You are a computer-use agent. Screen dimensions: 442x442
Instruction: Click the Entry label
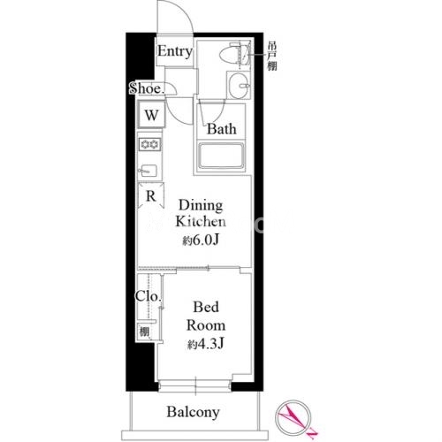tap(175, 52)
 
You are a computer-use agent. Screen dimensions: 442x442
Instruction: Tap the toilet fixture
tap(235, 55)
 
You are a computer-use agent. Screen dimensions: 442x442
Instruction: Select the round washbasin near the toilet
tap(240, 86)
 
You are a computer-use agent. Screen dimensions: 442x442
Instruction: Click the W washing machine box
tap(151, 115)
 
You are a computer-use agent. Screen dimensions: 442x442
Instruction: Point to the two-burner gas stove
tap(150, 144)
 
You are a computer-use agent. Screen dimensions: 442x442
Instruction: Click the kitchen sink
tap(149, 171)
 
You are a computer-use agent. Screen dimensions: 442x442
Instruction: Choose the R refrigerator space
tap(151, 195)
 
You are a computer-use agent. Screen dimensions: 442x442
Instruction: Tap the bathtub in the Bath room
tap(221, 156)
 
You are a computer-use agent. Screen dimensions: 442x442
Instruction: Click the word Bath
tap(222, 129)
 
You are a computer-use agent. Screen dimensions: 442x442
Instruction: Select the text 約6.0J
tap(201, 240)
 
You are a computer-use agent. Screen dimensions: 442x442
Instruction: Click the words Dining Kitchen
tap(201, 213)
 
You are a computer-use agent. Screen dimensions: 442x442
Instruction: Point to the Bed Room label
tap(206, 316)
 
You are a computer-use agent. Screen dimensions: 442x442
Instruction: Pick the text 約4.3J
tap(206, 344)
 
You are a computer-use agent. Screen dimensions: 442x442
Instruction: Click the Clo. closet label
tap(149, 296)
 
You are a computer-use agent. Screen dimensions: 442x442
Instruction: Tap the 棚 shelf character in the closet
tap(144, 331)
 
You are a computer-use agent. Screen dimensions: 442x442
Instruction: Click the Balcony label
tap(194, 412)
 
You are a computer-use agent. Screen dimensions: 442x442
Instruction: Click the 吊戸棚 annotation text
tap(272, 56)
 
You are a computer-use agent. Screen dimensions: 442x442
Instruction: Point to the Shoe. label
tap(147, 88)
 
